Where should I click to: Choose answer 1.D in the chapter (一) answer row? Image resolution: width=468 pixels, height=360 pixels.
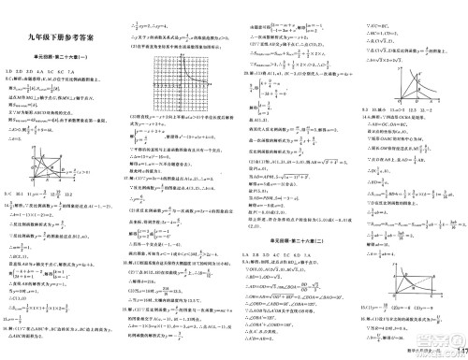10,71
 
